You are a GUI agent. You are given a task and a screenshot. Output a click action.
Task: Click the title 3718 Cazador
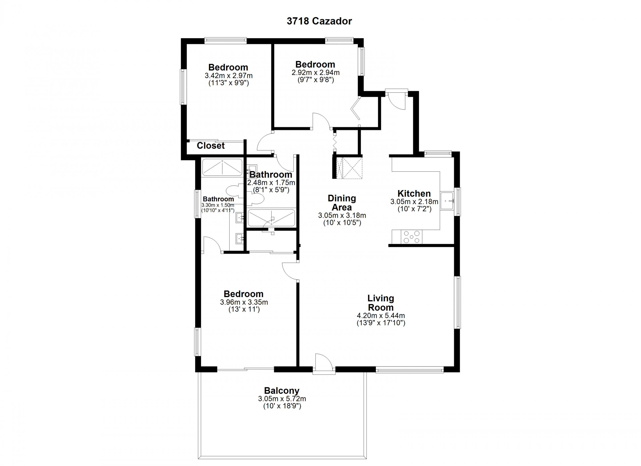tap(319, 21)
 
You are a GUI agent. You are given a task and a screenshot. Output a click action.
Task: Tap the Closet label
tap(211, 146)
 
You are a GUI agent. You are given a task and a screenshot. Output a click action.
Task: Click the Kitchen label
tap(414, 194)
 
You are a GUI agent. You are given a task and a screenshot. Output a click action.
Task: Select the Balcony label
tap(282, 391)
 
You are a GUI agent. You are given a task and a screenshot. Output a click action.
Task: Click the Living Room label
tap(380, 303)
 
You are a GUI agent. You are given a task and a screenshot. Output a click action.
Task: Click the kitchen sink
tap(447, 201)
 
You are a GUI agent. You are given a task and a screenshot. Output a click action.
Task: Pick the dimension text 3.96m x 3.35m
tap(244, 302)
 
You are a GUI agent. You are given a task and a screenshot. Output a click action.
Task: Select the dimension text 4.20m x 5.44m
tap(381, 316)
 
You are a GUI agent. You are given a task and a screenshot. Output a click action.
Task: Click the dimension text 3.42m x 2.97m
tap(229, 76)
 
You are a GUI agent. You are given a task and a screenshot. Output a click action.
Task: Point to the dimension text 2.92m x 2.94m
tap(316, 73)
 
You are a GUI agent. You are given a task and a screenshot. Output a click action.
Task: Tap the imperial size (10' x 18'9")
tap(282, 406)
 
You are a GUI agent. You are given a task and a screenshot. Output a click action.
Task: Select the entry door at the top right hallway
tap(397, 99)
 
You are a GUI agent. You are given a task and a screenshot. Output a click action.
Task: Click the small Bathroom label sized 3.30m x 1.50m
tap(218, 199)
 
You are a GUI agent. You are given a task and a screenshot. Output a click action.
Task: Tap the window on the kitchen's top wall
tap(438, 154)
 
